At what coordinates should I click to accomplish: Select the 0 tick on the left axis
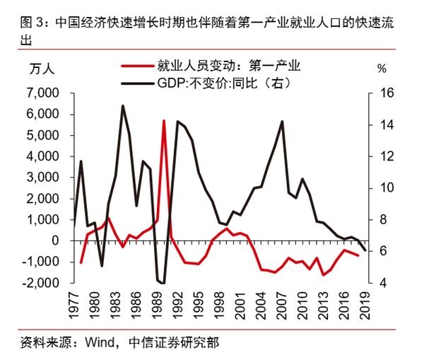coord(55,241)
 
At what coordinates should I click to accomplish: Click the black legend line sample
coord(139,83)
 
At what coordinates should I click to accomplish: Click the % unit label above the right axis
coord(382,69)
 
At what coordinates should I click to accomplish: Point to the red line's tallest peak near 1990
coord(164,121)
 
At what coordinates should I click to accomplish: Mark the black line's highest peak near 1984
coord(123,105)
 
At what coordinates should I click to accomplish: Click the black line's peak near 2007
coord(283,121)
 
